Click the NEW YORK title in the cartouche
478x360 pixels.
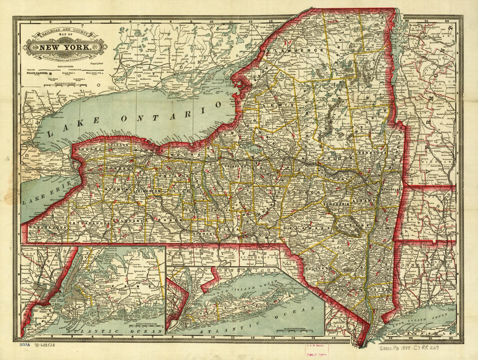[x=65, y=47]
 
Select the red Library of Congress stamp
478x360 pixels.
[x=316, y=350]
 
